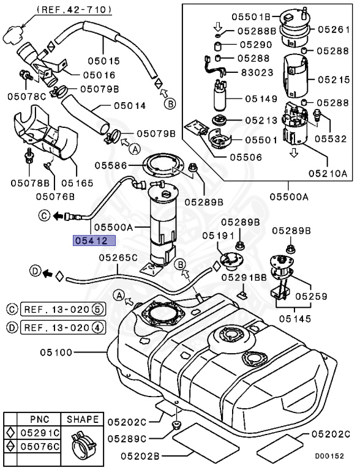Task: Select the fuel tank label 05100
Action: point(57,352)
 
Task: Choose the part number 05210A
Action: point(328,173)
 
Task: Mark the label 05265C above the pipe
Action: point(119,258)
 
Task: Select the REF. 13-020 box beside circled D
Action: point(62,327)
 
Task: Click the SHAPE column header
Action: point(83,420)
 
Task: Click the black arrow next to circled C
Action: point(58,215)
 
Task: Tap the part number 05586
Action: point(110,165)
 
